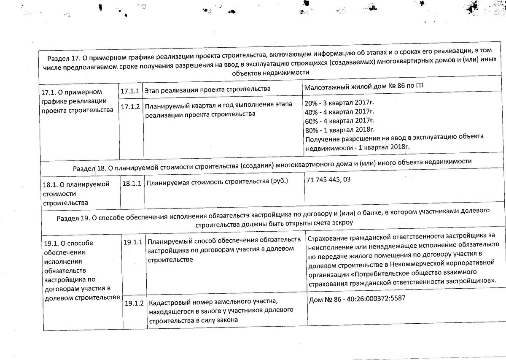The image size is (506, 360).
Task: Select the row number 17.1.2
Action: (x=129, y=106)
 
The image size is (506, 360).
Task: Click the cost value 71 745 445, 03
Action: (x=330, y=180)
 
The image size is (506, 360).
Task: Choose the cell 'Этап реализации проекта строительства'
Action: (x=207, y=90)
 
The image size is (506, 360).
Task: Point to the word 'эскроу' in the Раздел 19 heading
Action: (x=342, y=222)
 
